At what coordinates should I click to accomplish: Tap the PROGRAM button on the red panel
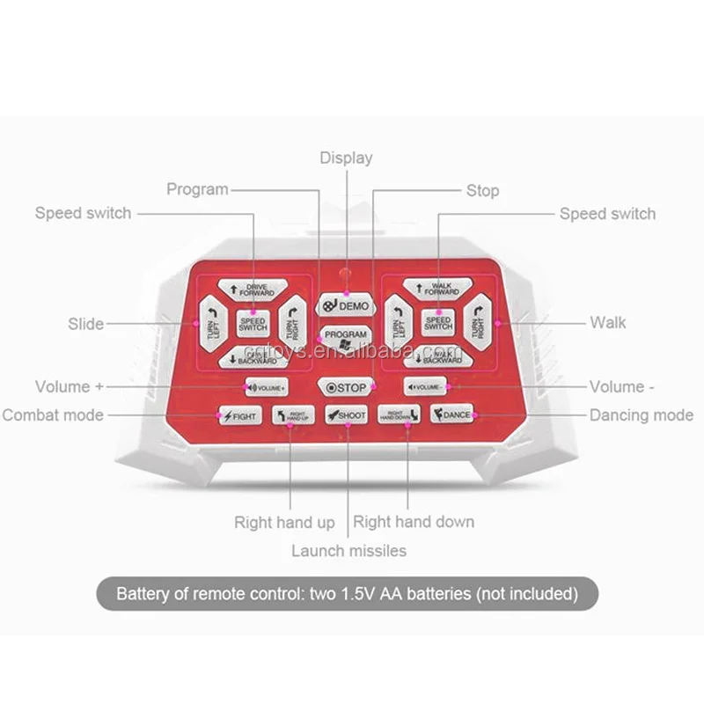(345, 336)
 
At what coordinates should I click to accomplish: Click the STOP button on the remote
(345, 387)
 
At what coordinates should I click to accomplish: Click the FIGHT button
(240, 415)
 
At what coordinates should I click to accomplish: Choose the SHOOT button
(346, 415)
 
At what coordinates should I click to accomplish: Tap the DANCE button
(452, 414)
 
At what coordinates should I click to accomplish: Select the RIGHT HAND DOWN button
(399, 415)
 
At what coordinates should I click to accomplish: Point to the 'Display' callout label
(346, 158)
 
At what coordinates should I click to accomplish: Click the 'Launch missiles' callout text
(349, 551)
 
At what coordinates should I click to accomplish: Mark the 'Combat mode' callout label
(53, 415)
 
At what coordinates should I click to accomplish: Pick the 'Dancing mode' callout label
(642, 415)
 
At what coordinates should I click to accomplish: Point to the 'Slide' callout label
(85, 324)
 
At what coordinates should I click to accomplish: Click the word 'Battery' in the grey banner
(143, 594)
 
